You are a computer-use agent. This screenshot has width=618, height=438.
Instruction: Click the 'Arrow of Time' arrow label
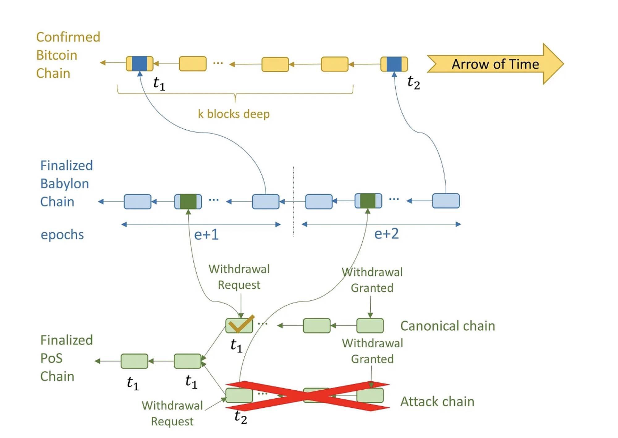point(495,64)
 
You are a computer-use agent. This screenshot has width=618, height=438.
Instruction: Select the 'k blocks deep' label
point(234,114)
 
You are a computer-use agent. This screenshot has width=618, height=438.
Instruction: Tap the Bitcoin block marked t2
point(394,64)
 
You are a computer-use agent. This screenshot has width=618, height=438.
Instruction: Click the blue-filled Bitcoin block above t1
point(139,63)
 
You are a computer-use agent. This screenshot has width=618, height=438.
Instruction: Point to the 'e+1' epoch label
point(206,235)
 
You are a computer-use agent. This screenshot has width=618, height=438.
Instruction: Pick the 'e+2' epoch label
point(386,234)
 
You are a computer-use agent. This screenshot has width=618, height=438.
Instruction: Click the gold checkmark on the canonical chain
point(241,324)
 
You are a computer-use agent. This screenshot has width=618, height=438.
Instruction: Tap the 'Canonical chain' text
point(447,326)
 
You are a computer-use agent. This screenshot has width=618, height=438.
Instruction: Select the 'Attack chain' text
point(437,401)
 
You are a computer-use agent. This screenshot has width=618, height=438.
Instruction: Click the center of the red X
point(308,396)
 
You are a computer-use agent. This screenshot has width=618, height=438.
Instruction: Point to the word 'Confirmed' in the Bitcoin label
point(68,37)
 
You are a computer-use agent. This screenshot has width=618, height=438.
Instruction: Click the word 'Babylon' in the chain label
point(65,184)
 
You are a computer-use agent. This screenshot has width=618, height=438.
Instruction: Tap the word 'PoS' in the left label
point(51,359)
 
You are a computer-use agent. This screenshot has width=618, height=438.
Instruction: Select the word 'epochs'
point(62,235)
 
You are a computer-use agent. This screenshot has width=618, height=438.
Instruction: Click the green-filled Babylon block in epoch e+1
point(188,201)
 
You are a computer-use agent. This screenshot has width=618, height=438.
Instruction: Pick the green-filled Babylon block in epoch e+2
point(368,201)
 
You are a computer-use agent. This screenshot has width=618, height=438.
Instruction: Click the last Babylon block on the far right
point(446,201)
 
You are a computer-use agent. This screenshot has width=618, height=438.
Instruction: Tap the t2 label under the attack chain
point(241,417)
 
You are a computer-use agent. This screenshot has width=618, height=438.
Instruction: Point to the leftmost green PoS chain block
point(134,361)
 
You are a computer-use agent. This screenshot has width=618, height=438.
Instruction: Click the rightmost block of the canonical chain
point(370,326)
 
